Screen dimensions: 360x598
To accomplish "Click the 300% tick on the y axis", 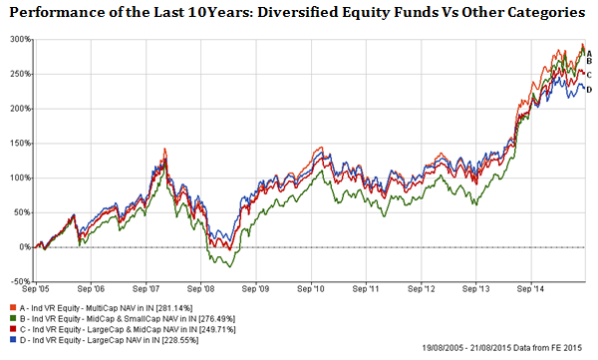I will coord(17,40).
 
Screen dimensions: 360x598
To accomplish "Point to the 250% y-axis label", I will coord(17,75).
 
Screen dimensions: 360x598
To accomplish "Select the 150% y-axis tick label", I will coord(17,144).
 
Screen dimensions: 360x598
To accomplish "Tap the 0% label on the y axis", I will coord(22,246).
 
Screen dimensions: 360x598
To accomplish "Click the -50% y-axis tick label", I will coord(17,281).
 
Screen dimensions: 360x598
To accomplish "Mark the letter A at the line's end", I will coord(589,53).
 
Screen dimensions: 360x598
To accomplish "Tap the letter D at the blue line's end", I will coord(589,91).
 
